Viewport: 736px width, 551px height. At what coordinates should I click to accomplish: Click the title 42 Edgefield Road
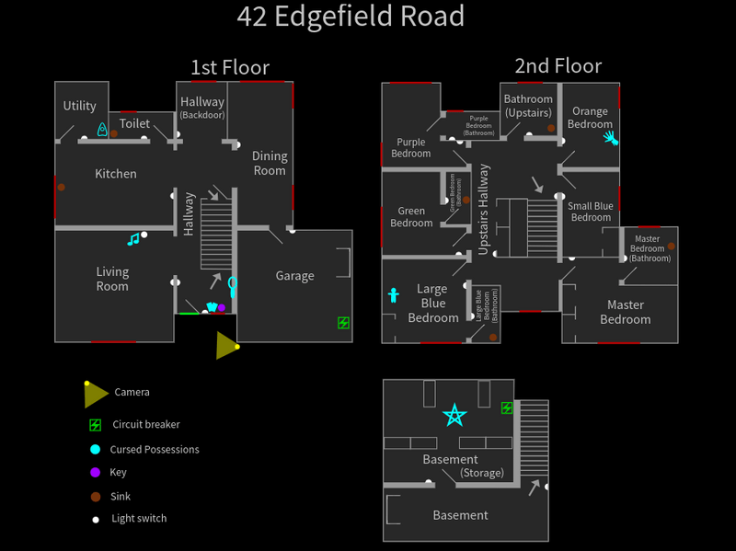[x=351, y=17]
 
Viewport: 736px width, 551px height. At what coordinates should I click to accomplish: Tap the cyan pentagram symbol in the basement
[x=454, y=416]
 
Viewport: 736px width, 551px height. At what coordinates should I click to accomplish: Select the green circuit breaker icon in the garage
[x=343, y=323]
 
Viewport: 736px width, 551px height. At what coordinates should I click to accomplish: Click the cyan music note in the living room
[x=133, y=240]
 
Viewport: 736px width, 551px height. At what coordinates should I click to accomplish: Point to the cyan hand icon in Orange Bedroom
[x=609, y=139]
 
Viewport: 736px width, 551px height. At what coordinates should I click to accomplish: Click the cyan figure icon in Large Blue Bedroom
[x=394, y=295]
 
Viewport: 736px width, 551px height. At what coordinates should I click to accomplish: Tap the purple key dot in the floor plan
[x=222, y=307]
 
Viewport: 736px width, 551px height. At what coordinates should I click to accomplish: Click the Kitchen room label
[x=116, y=174]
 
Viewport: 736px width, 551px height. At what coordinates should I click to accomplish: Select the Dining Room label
[x=270, y=163]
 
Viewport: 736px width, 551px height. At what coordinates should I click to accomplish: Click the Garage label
[x=294, y=276]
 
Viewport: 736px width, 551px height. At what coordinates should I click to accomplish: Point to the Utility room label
[x=80, y=107]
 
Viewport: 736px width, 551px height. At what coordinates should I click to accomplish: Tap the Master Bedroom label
[x=625, y=312]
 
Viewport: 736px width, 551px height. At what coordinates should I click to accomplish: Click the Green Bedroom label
[x=411, y=217]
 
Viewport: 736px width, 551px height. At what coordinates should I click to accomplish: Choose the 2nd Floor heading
[x=558, y=66]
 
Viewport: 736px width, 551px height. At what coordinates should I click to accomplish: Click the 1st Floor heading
[x=230, y=67]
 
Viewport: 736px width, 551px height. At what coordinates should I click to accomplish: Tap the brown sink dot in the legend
[x=95, y=496]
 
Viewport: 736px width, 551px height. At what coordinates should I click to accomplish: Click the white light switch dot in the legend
[x=95, y=519]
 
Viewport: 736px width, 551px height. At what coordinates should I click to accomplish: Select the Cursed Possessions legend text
[x=154, y=450]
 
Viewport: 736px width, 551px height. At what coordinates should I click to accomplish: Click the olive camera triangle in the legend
[x=95, y=394]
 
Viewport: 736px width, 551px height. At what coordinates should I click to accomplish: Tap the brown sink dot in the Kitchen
[x=62, y=188]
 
